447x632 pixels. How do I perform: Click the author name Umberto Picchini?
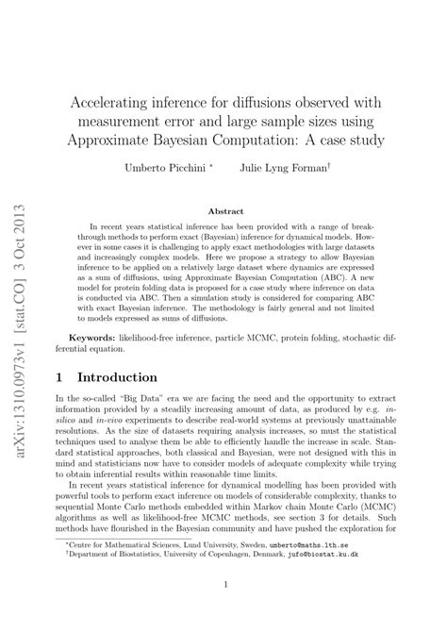(175, 169)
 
